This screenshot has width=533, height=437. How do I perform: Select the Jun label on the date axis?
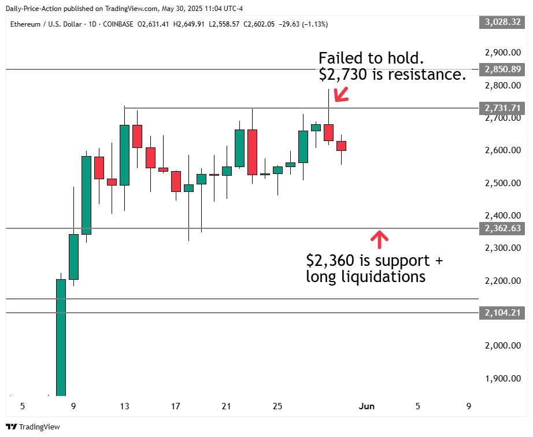[x=367, y=406]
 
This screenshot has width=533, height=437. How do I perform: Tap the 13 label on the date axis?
[x=124, y=406]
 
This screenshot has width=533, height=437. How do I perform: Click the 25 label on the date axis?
[x=277, y=406]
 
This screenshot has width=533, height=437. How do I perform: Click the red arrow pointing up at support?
[x=379, y=237]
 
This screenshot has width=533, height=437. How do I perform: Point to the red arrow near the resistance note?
[x=340, y=94]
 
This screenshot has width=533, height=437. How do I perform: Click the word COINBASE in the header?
[x=117, y=24]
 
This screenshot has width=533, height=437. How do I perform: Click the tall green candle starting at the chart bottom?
[x=61, y=338]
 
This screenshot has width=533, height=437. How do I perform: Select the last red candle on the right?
[x=341, y=146]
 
